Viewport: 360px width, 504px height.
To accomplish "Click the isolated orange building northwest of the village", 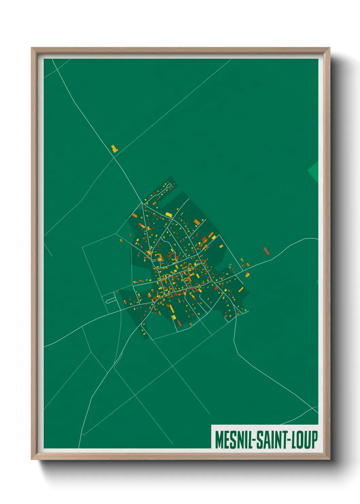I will pos(114,148).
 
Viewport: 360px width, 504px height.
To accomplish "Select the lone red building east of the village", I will pos(266,251).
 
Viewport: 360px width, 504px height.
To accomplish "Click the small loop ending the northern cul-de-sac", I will pos(168,186).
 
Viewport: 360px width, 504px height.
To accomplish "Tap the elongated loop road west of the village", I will pos(111,300).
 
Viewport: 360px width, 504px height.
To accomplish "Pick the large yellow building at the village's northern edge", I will pos(169,215).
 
